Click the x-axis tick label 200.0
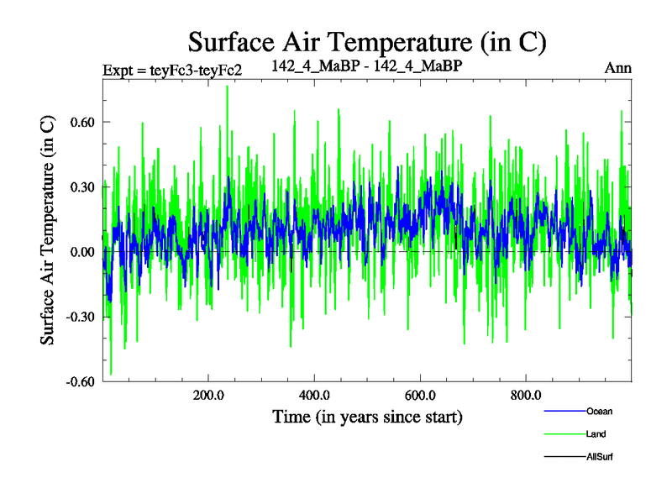(208, 396)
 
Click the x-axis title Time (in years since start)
(367, 417)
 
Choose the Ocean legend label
(599, 411)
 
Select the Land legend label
(596, 434)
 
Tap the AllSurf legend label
(599, 457)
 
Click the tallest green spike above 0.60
(227, 87)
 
